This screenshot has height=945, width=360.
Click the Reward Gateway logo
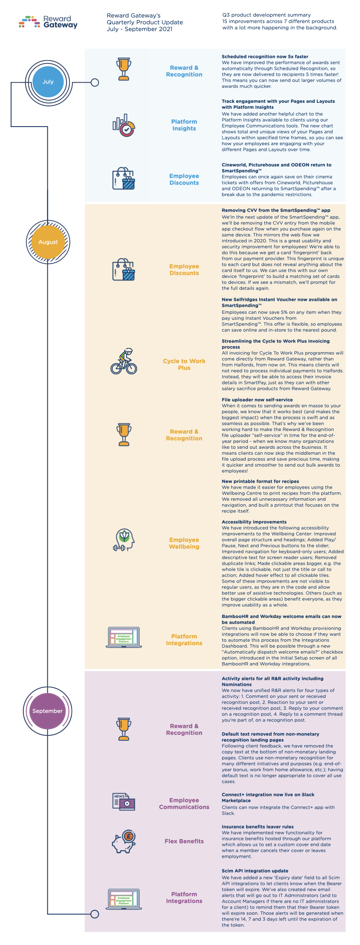[48, 22]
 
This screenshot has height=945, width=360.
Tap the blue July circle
[48, 82]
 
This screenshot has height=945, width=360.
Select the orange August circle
[48, 242]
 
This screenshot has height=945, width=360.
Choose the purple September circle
[47, 711]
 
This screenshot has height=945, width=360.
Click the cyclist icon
[124, 362]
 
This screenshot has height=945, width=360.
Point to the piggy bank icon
[124, 841]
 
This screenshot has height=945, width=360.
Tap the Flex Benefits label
[184, 841]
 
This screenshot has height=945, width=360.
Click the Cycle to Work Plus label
[184, 365]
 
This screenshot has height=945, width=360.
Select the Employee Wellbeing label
[184, 543]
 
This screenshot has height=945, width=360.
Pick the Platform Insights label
[184, 125]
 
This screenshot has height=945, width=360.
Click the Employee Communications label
[184, 804]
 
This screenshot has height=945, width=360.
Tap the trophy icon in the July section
[124, 69]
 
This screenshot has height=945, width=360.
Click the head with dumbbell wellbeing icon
[124, 540]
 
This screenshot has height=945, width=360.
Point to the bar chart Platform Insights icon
[124, 125]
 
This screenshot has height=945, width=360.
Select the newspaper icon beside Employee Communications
[124, 802]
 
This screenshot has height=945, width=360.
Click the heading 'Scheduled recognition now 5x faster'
[265, 57]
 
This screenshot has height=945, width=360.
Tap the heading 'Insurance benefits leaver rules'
[258, 826]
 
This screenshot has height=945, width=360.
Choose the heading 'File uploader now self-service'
[257, 400]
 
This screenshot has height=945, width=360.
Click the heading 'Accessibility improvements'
[254, 522]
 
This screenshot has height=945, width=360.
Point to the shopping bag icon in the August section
[124, 270]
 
